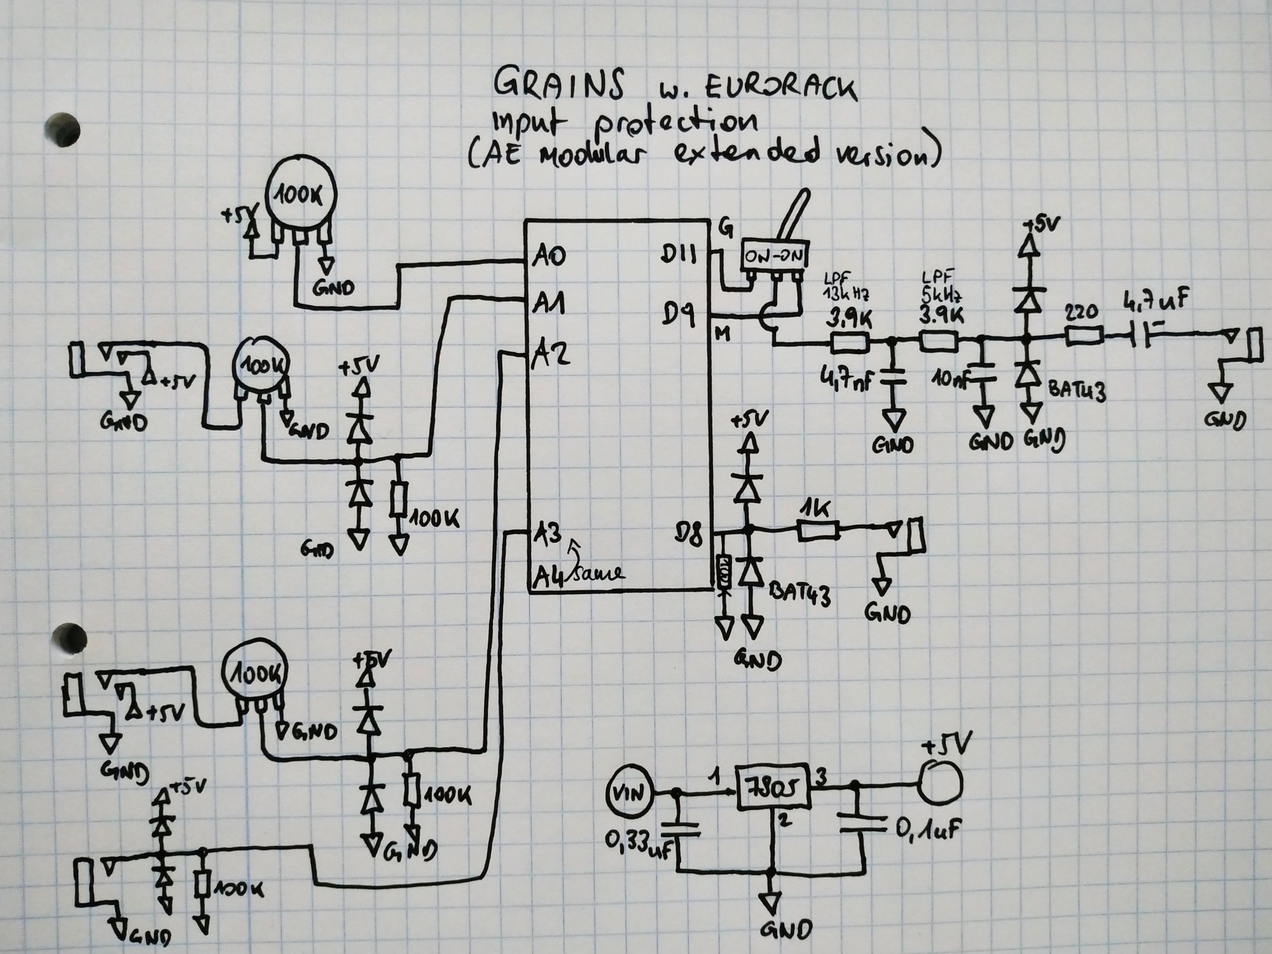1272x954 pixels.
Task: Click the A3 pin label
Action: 548,533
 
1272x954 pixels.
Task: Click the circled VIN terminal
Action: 629,793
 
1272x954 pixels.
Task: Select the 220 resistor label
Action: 1081,312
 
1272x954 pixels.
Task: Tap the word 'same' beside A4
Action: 598,573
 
